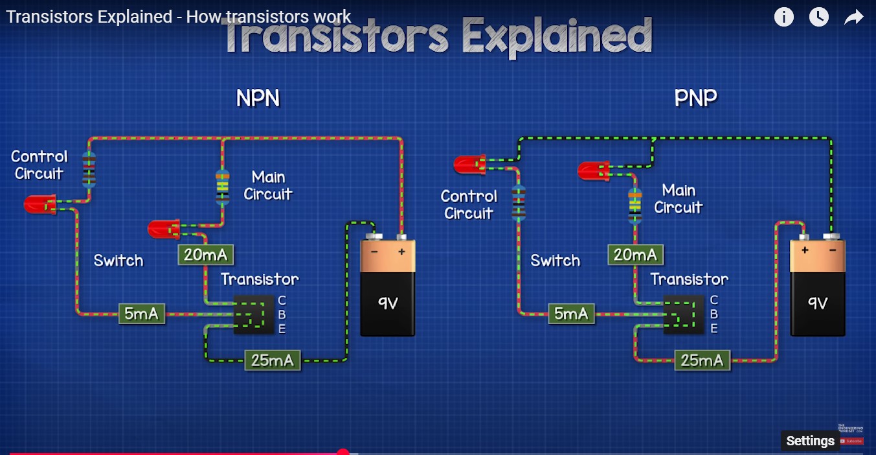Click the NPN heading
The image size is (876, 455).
click(258, 99)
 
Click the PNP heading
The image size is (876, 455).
click(695, 99)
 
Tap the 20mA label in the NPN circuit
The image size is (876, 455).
click(205, 255)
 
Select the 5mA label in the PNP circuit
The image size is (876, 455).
click(570, 314)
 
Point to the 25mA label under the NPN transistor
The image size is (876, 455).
click(272, 360)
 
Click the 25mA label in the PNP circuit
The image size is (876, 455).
click(702, 360)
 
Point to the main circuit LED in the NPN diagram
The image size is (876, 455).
click(164, 229)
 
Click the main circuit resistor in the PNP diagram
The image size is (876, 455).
click(635, 205)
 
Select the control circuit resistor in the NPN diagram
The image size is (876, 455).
click(89, 170)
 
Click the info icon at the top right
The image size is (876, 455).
click(783, 17)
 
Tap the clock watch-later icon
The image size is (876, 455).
click(819, 17)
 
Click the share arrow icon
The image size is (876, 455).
click(854, 17)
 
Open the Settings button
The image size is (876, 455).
click(810, 441)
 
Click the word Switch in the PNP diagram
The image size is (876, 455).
click(555, 261)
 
